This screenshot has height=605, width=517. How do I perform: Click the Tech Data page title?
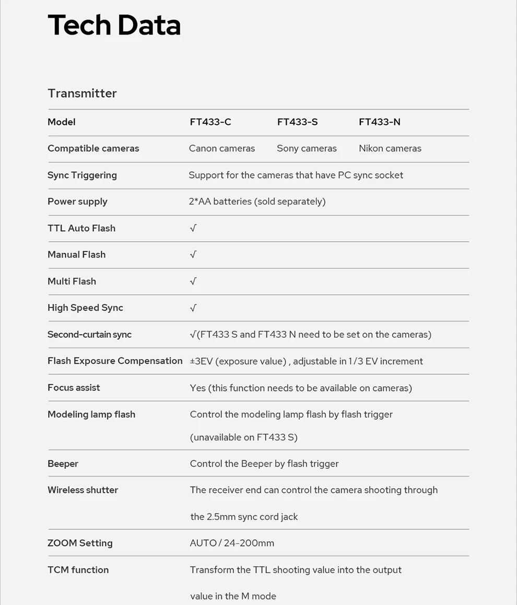(x=114, y=25)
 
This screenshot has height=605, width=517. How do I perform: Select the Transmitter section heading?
(x=82, y=93)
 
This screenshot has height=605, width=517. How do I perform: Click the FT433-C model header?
(x=210, y=122)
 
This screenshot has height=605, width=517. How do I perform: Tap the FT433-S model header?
(x=297, y=122)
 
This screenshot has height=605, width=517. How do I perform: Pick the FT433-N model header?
(x=380, y=122)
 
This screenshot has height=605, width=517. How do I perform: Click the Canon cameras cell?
(x=222, y=148)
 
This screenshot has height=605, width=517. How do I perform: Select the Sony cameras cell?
(x=307, y=148)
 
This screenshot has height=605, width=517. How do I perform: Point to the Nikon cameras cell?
(x=390, y=148)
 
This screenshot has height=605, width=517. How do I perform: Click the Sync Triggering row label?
(x=82, y=175)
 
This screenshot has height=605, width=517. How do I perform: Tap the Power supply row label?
(x=77, y=201)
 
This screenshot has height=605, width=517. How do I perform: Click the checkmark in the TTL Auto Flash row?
(x=193, y=228)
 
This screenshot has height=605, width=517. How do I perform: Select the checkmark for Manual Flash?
(x=193, y=255)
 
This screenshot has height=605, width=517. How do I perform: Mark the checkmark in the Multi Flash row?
(x=193, y=281)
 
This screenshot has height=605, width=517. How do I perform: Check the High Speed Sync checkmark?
(x=193, y=308)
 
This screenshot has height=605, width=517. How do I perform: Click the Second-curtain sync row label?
(x=89, y=335)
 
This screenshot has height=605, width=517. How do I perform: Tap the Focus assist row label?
(x=74, y=387)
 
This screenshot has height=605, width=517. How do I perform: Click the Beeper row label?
(x=63, y=464)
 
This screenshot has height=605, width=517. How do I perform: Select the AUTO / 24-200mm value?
(x=232, y=543)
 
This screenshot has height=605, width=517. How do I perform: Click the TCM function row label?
(x=78, y=570)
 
